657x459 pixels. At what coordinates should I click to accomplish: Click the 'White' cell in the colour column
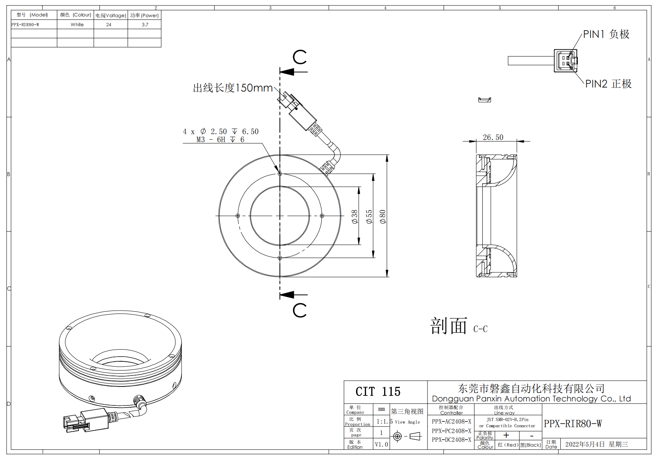[x=77, y=25]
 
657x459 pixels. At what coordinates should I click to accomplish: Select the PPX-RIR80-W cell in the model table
[x=25, y=25]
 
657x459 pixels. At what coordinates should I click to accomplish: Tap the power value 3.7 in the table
[x=145, y=25]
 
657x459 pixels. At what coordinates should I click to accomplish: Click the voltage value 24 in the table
[x=109, y=25]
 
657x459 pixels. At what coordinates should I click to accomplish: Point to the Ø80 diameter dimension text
[x=383, y=217]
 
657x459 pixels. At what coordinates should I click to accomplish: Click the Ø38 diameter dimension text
[x=355, y=217]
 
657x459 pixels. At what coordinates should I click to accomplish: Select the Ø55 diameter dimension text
[x=369, y=217]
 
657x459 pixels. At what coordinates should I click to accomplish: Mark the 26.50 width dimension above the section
[x=493, y=137]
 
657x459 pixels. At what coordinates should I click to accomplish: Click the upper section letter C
[x=299, y=57]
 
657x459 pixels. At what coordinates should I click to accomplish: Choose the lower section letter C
[x=299, y=310]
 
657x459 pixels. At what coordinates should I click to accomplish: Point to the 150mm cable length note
[x=233, y=88]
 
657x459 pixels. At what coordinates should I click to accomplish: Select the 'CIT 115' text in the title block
[x=378, y=392]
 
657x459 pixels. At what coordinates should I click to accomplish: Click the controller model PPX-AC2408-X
[x=451, y=421]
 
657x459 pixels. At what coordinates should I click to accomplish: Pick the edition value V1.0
[x=382, y=444]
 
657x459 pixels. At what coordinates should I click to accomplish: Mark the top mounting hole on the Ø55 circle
[x=280, y=174]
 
